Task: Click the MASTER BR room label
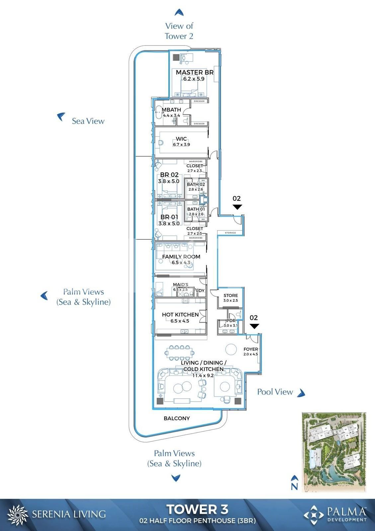coord(194,72)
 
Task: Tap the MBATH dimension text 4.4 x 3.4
coord(171,115)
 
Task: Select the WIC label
coord(181,139)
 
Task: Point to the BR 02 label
coord(169,175)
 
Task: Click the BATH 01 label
coord(196,209)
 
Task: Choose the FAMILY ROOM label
coord(181,257)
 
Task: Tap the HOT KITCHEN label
coord(180,315)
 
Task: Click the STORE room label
coord(231,295)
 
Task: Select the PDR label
coord(231,321)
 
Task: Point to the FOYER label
coord(251,349)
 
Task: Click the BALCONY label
coord(177,418)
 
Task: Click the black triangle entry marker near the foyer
coord(254,326)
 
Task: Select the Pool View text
coord(275,392)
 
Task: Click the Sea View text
coord(88,121)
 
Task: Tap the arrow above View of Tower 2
coord(179,13)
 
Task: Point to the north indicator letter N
coord(294,487)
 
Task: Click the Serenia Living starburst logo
coord(17,515)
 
